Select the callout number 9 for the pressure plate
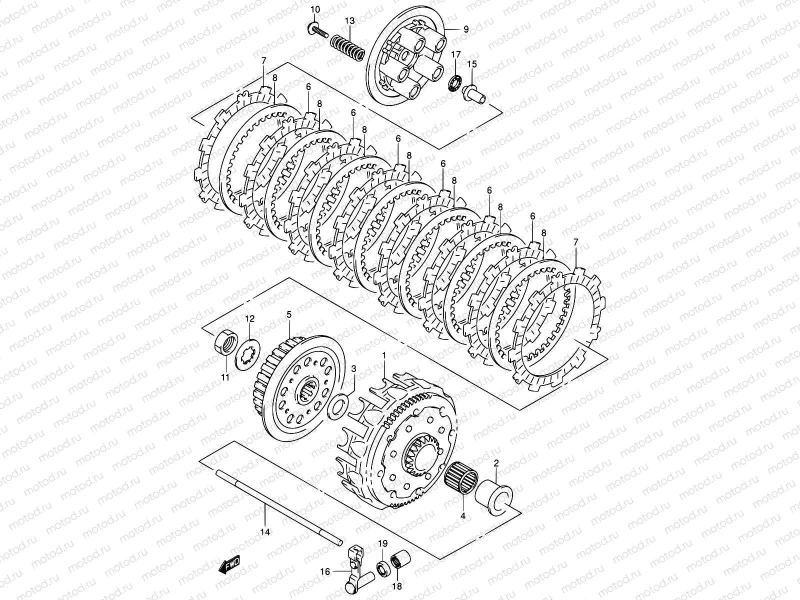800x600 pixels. point(465,29)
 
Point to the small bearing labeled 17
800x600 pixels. point(456,82)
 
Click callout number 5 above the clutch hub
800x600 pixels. point(288,315)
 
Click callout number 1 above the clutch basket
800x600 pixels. point(384,354)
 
